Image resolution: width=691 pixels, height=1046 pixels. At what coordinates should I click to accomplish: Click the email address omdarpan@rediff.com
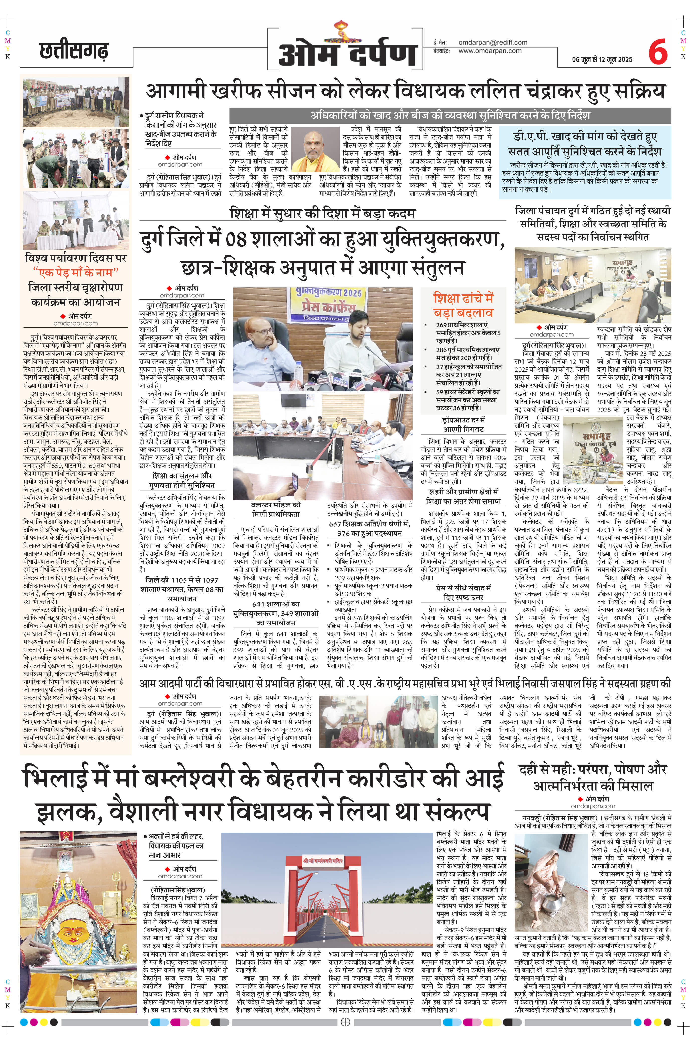[x=493, y=42]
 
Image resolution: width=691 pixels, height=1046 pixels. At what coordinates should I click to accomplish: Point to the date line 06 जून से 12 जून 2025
[x=602, y=59]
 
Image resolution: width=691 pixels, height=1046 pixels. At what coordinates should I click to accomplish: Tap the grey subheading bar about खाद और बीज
[x=450, y=116]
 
